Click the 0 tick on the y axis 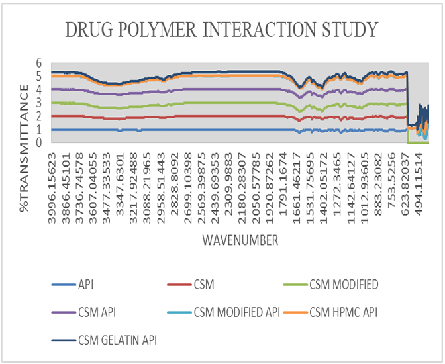coord(39,142)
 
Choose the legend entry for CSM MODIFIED coord(344,285)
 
